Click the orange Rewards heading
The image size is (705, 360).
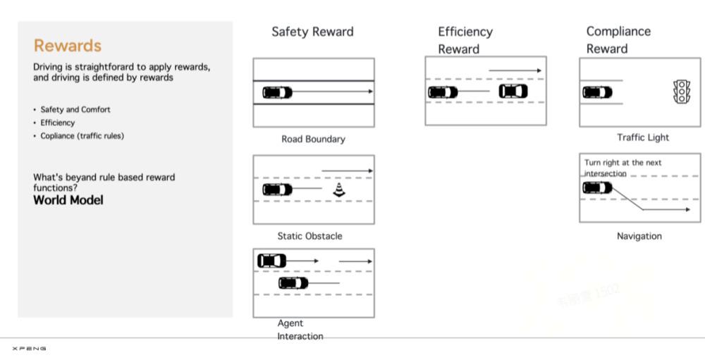[68, 45]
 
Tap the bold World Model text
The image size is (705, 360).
[68, 199]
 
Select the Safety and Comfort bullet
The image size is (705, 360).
[75, 110]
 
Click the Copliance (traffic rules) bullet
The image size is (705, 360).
[82, 136]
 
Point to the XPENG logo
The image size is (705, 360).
[29, 348]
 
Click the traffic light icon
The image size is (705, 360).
[681, 92]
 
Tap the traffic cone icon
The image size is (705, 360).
[339, 190]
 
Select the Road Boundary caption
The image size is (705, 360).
[314, 139]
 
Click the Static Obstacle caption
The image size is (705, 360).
[309, 236]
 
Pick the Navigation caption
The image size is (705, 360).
[639, 236]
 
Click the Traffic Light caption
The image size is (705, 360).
[643, 137]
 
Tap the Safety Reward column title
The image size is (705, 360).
[312, 32]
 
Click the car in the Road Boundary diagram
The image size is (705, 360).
[277, 92]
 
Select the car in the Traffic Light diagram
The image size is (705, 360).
[598, 92]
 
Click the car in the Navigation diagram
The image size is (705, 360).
[598, 187]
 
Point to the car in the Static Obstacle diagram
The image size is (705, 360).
[277, 190]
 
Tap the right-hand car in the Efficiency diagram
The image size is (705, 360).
[513, 92]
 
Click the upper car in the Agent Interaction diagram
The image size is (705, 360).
[271, 261]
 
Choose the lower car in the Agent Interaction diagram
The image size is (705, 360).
[293, 283]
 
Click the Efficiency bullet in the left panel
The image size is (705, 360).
[58, 123]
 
